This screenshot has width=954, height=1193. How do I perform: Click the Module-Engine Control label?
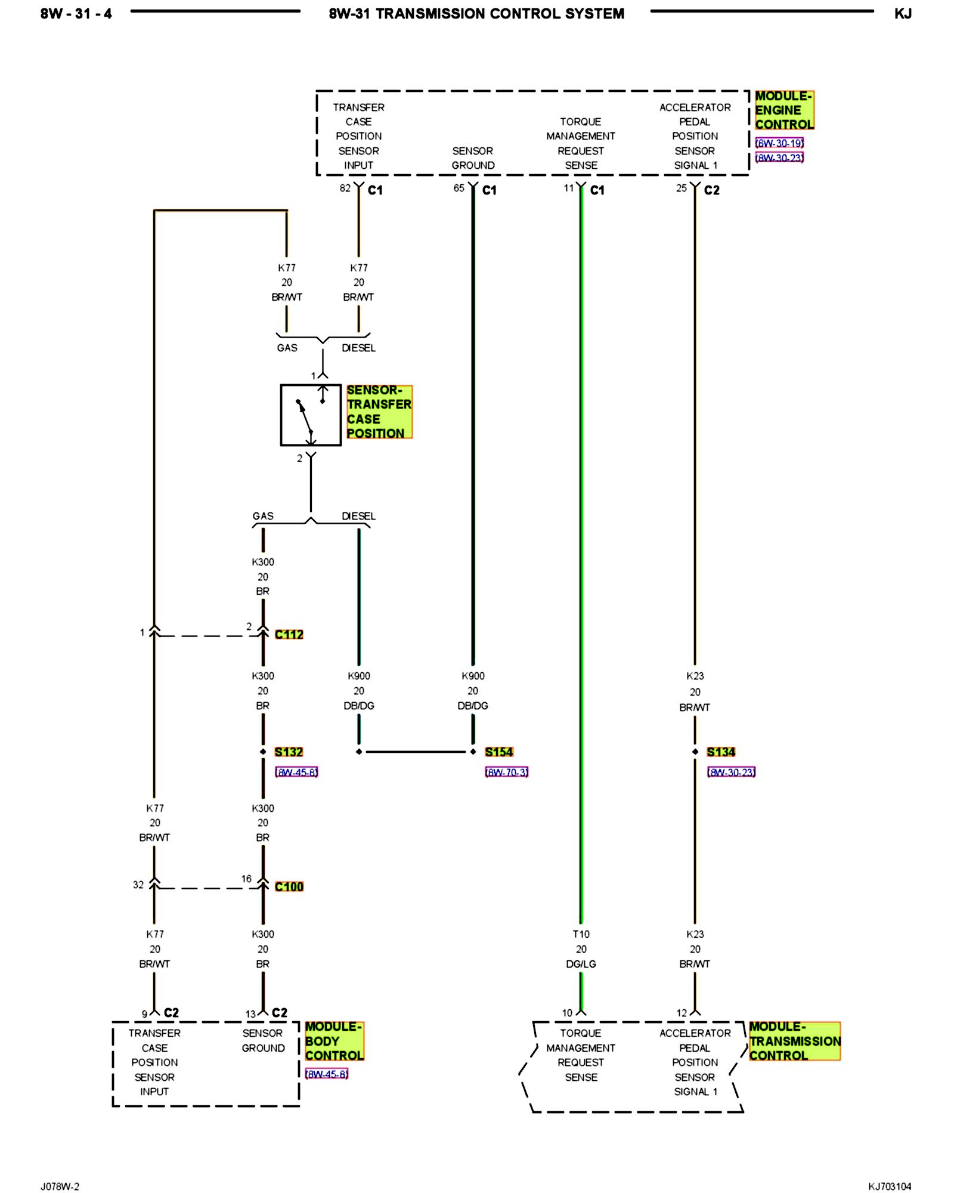pos(784,110)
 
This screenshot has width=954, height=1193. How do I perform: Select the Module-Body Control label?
pos(334,1041)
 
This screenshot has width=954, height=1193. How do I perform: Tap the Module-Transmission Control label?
pos(795,1041)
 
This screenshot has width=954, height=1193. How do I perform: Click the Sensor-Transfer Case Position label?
pos(379,412)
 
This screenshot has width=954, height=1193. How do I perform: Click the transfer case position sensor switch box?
pos(311,415)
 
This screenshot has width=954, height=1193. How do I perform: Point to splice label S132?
pos(289,752)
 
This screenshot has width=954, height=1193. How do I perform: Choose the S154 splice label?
pos(499,752)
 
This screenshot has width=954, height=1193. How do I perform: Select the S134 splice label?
pos(721,752)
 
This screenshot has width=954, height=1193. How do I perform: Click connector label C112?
pos(289,634)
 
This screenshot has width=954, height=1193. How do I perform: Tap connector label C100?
pos(289,886)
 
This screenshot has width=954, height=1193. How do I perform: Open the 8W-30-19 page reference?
pos(779,143)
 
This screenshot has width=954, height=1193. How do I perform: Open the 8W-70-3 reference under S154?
pos(507,772)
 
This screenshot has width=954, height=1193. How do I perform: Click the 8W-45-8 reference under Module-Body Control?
pos(327,1074)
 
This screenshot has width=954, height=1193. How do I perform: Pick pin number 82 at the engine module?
pos(345,188)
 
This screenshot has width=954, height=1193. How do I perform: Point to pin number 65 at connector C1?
pos(459,188)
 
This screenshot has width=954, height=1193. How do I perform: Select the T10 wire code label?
pos(581,934)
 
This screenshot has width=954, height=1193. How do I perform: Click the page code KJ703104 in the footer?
pos(890,1186)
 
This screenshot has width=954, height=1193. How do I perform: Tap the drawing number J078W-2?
pos(60,1186)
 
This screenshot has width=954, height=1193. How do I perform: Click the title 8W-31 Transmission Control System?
pos(476,14)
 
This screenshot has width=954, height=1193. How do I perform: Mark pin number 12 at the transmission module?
pos(682,1012)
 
